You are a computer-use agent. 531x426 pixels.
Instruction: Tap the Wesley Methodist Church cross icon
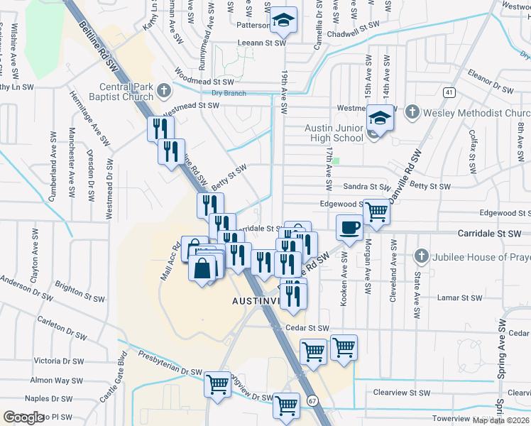tap(411, 112)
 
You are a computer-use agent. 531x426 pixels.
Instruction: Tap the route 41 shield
tap(449, 92)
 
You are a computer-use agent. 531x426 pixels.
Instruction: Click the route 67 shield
tap(312, 401)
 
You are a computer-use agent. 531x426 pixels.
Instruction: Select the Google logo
tap(23, 417)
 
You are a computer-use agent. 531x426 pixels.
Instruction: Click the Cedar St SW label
tap(307, 328)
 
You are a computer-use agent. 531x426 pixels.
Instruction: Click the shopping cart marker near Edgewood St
tap(377, 210)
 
